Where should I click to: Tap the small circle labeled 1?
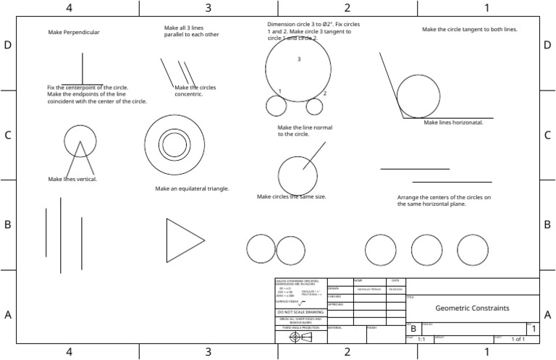click(276, 106)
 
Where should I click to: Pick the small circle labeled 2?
click(314, 106)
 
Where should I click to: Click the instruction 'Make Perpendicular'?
click(74, 33)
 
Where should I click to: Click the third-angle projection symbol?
click(300, 338)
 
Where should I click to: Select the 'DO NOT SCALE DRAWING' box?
click(300, 311)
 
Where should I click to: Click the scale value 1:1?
click(421, 339)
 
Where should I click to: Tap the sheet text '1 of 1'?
click(518, 339)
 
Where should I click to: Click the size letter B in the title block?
click(413, 329)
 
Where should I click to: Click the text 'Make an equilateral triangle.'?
click(192, 188)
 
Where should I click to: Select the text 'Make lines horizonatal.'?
click(453, 122)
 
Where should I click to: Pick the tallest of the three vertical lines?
click(61, 235)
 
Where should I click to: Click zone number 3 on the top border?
click(208, 7)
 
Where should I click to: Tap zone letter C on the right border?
click(548, 135)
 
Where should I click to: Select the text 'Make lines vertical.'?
click(72, 179)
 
